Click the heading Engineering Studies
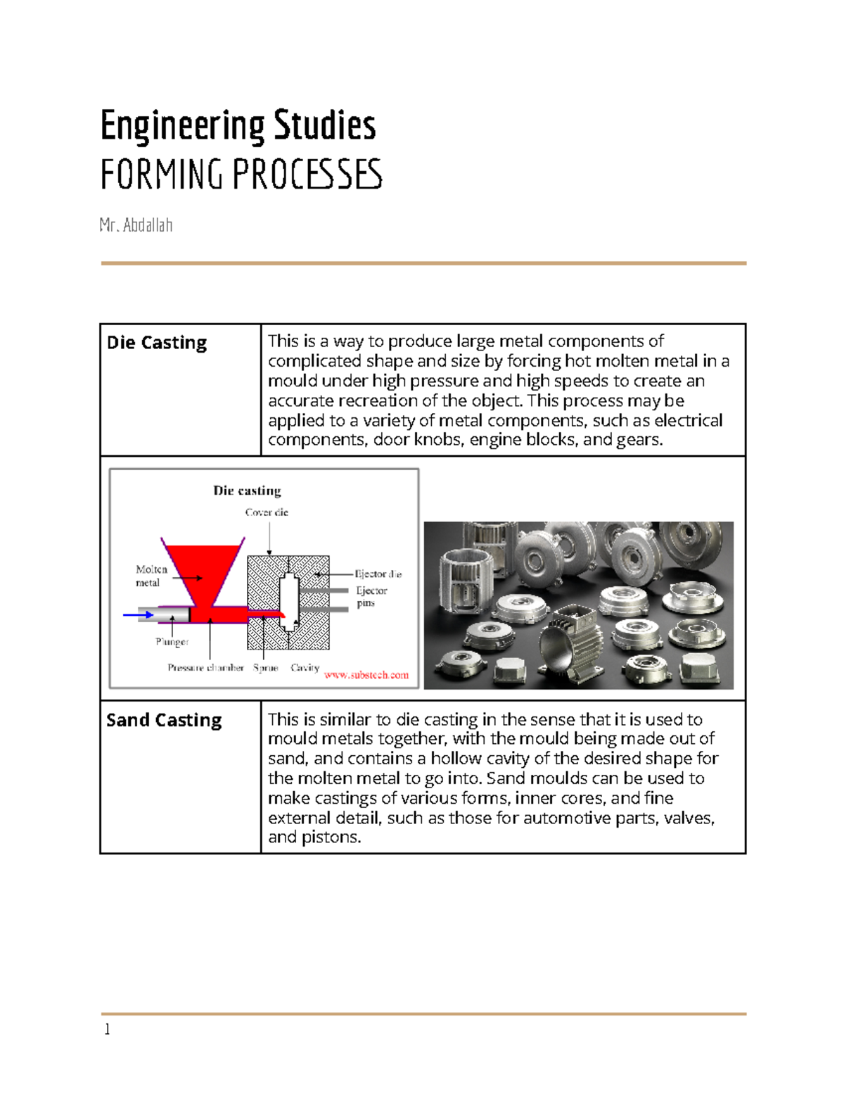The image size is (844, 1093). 238,126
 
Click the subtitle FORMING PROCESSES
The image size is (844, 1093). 241,175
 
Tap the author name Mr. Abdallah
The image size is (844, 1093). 136,225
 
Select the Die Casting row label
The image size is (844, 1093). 157,343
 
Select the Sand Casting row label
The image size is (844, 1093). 164,720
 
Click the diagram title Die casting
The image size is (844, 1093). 247,491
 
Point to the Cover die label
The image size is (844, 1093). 267,512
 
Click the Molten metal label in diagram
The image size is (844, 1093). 151,576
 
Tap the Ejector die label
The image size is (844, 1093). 378,574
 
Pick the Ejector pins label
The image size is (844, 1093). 371,597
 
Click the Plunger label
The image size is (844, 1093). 172,642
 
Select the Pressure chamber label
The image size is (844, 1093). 205,667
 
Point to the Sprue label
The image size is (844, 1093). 265,667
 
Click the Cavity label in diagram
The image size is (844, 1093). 305,667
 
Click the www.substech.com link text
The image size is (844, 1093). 366,675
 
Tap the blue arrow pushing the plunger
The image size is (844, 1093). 138,615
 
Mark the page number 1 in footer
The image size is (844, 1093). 107,1030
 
